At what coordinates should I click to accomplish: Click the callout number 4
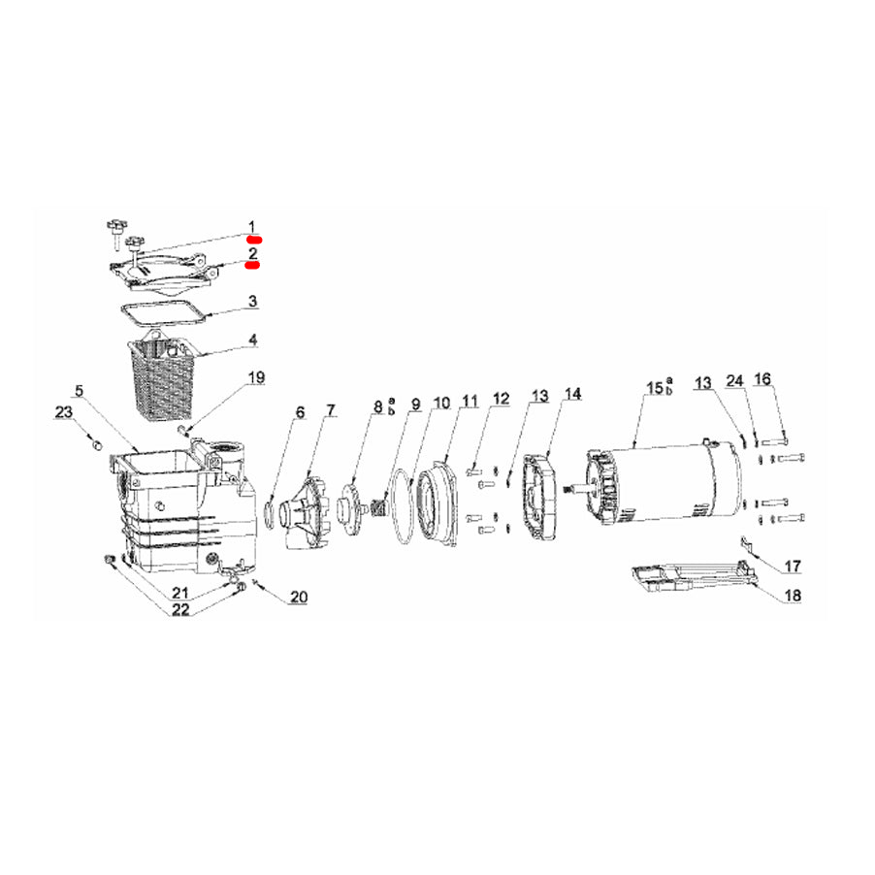click(x=252, y=340)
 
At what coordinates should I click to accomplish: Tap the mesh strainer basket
click(x=163, y=377)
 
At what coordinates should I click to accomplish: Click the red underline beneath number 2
click(x=252, y=264)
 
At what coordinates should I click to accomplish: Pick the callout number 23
click(x=63, y=413)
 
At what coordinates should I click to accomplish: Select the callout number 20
click(x=298, y=598)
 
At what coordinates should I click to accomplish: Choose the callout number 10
click(x=441, y=402)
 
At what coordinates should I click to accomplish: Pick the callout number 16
click(x=763, y=380)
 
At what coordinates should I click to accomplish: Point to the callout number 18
click(x=793, y=596)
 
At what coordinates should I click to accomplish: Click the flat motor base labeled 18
click(x=689, y=579)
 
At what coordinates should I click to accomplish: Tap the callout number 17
click(x=793, y=566)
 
